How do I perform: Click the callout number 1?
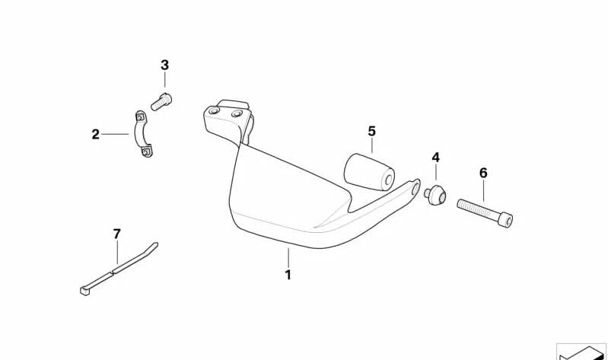[x=288, y=275]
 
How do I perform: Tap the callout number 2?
[x=95, y=135]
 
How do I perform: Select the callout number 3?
[x=165, y=65]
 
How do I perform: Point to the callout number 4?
[x=436, y=158]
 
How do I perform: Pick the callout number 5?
[x=372, y=132]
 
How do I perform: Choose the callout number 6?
[x=483, y=173]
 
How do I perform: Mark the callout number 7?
[x=116, y=234]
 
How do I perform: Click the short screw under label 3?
[x=161, y=102]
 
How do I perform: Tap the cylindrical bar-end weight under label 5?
[x=369, y=172]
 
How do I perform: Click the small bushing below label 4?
[x=435, y=194]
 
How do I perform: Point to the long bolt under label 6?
[x=485, y=213]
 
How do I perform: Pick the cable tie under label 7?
[x=119, y=269]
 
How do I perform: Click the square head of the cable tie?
[x=84, y=291]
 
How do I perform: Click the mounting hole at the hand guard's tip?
[x=415, y=188]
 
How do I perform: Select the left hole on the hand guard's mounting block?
[x=214, y=111]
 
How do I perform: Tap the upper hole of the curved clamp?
[x=139, y=116]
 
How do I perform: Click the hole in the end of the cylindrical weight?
[x=388, y=180]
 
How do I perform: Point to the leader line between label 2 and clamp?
[x=115, y=134]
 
